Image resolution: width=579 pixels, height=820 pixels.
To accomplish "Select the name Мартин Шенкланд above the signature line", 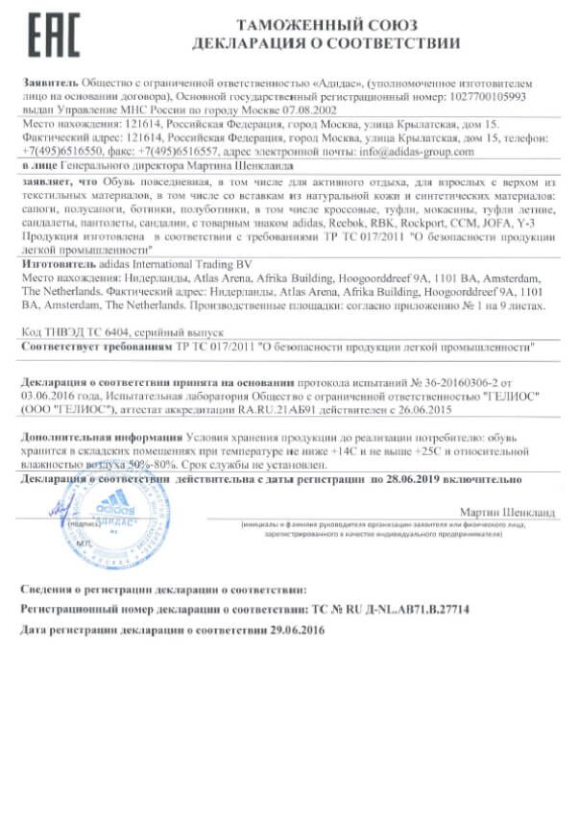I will pyautogui.click(x=507, y=513).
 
